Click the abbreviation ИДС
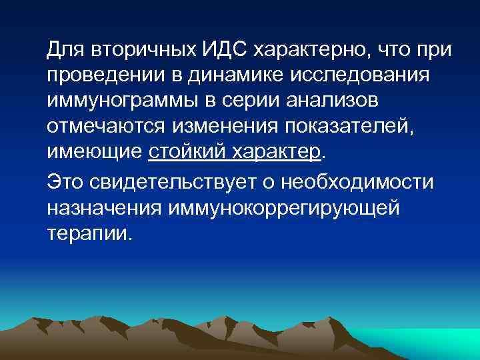[x=221, y=49]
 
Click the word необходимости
[x=357, y=182]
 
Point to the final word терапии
[x=89, y=233]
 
